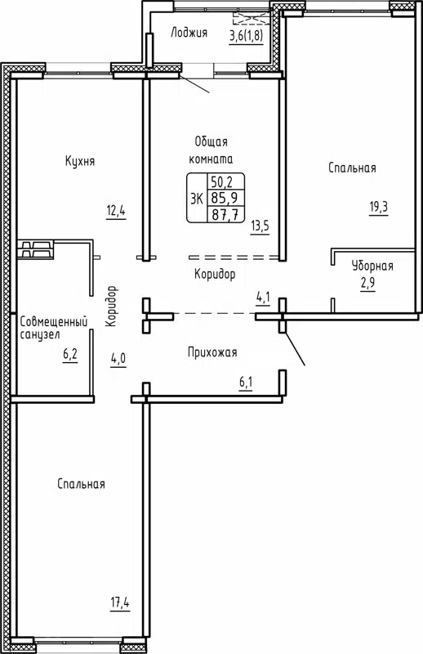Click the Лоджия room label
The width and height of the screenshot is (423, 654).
click(x=189, y=34)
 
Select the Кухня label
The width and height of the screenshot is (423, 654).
click(x=80, y=162)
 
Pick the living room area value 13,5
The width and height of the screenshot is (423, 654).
click(x=260, y=226)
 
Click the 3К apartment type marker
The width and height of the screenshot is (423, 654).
click(x=197, y=198)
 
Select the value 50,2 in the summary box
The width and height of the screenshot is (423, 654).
click(x=226, y=182)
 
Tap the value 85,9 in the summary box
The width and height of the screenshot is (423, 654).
click(x=226, y=198)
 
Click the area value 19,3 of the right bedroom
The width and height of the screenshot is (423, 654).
click(x=378, y=207)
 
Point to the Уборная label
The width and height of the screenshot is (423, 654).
click(x=372, y=266)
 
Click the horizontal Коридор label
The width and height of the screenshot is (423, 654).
click(x=215, y=274)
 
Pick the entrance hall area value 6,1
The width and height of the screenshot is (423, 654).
click(x=245, y=381)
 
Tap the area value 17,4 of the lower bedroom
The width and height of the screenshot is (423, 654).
click(x=121, y=604)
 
